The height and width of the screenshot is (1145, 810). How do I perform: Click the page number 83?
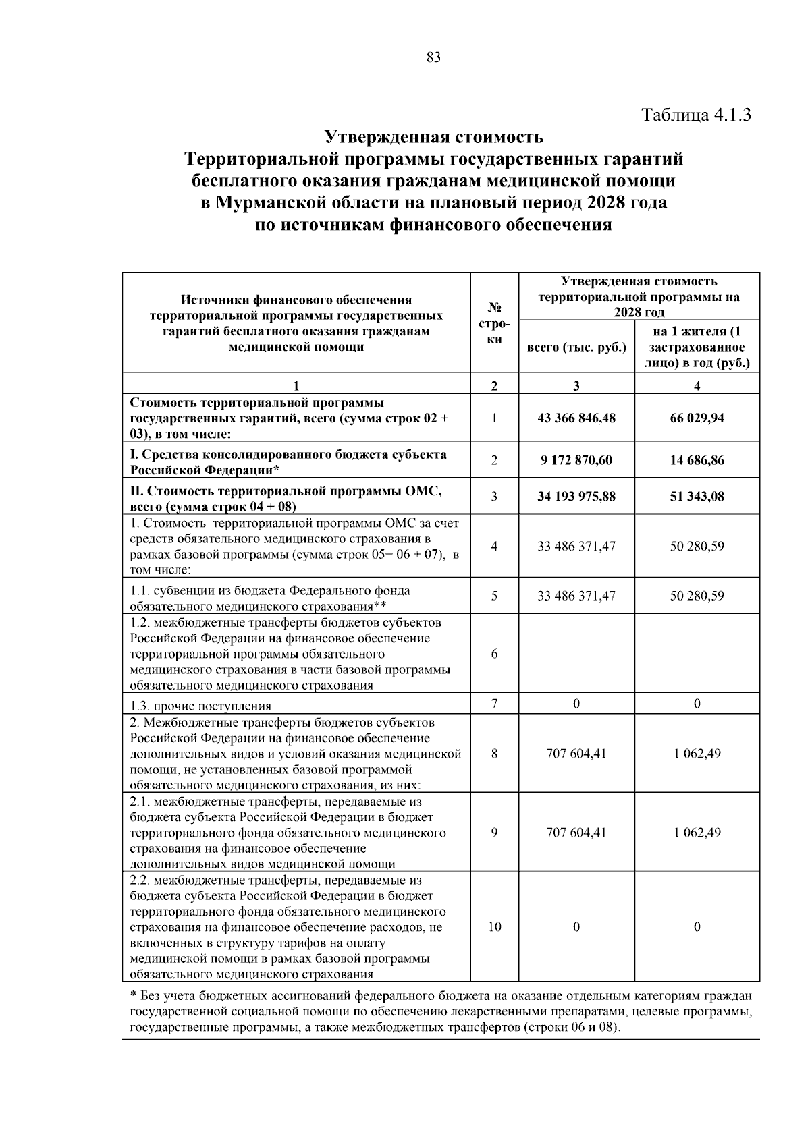(433, 58)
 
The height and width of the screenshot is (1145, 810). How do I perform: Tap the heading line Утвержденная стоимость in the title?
(433, 138)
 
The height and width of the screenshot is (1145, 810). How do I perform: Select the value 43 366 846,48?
(576, 418)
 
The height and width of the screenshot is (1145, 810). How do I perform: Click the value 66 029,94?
(697, 418)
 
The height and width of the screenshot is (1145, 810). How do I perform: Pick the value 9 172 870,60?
(576, 460)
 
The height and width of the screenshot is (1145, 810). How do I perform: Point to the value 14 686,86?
(697, 460)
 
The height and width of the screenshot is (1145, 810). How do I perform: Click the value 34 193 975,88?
(576, 497)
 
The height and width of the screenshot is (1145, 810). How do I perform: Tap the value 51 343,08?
(697, 497)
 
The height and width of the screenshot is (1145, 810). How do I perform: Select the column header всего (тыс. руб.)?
(576, 348)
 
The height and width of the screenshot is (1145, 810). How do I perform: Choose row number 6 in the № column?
(494, 654)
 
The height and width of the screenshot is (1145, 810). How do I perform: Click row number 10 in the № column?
(494, 927)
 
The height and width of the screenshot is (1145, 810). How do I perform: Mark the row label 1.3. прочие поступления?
(200, 706)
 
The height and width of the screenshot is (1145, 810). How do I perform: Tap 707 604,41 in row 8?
(576, 753)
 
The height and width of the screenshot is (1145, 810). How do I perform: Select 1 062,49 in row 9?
(697, 832)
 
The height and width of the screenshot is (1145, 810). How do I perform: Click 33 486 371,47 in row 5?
(576, 596)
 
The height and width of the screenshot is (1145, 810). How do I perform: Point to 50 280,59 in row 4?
(697, 546)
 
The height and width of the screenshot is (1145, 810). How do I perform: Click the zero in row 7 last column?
(697, 704)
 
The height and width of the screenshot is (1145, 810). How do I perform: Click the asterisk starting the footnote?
(133, 995)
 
